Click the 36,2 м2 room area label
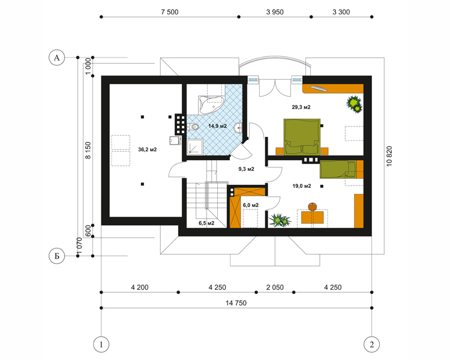(x=147, y=149)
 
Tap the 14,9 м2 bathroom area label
(x=218, y=126)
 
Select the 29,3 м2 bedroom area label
(x=301, y=107)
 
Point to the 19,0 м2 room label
(x=302, y=186)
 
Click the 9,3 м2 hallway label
(x=246, y=169)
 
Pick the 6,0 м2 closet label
(x=251, y=205)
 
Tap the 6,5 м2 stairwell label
(x=206, y=223)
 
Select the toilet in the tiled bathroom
(x=193, y=127)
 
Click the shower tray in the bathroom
(x=195, y=146)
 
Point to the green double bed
(x=302, y=137)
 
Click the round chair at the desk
(x=312, y=206)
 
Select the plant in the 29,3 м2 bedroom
(x=354, y=104)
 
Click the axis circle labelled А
(x=56, y=58)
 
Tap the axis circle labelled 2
(x=371, y=344)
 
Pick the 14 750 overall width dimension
(x=236, y=303)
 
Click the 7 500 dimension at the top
(x=170, y=12)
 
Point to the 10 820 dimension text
(x=389, y=156)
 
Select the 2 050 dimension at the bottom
(x=275, y=287)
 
